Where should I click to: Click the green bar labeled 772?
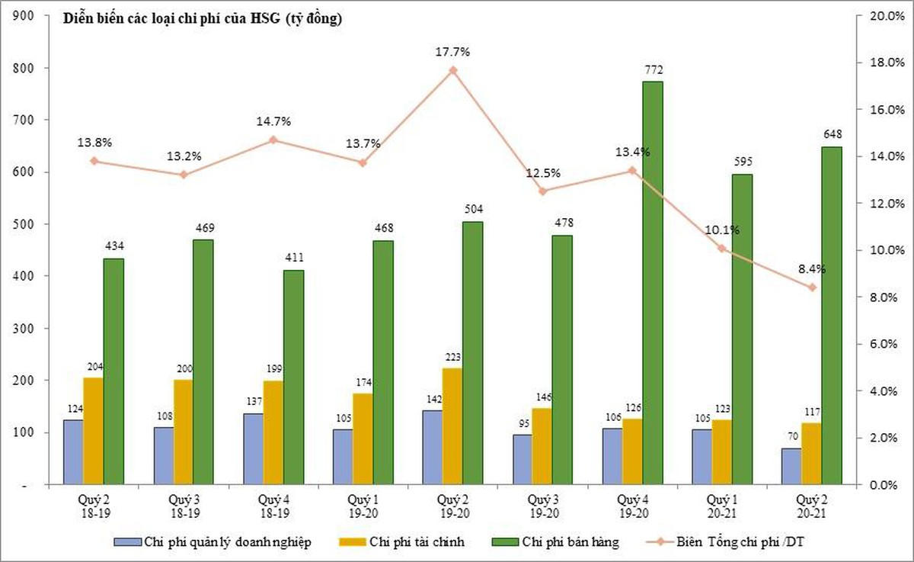pos(652,282)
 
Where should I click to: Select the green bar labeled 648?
pos(832,315)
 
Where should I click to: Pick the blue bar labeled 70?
pos(791,466)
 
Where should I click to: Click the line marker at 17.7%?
pos(452,70)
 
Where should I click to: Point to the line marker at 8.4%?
pos(812,287)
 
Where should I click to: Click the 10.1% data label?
pos(722,230)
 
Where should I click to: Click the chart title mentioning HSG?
pos(203,20)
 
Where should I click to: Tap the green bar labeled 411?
pos(293,377)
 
